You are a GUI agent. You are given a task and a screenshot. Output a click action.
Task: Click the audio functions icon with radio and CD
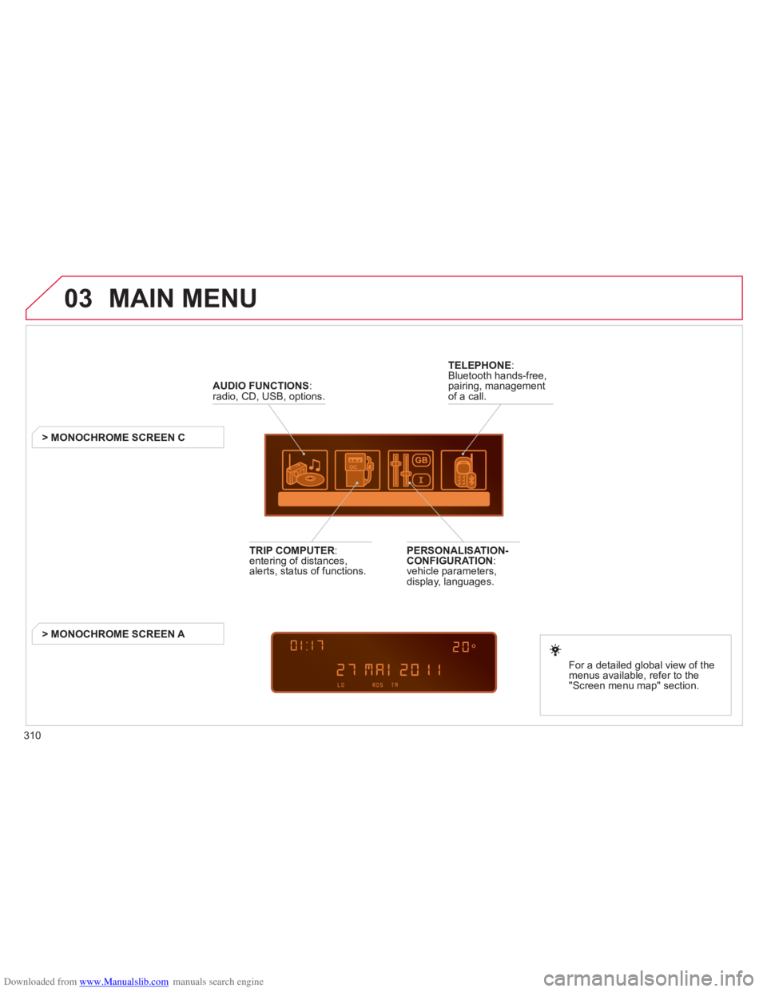point(304,470)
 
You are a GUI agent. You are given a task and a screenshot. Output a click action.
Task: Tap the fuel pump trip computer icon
point(357,470)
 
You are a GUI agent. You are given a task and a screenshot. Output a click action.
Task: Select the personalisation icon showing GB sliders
point(411,470)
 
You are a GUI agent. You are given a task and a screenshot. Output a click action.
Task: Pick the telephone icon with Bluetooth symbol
point(463,470)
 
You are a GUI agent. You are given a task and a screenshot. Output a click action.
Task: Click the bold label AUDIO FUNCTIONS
point(260,386)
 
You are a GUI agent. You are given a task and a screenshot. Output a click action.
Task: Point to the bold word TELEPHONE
point(479,365)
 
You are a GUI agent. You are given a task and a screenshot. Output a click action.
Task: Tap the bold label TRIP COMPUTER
point(292,550)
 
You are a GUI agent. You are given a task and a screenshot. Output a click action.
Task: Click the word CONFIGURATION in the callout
point(450,561)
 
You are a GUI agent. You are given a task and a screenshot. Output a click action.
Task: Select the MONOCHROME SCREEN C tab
point(128,438)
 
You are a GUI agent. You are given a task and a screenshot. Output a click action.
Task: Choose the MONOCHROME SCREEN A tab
point(128,633)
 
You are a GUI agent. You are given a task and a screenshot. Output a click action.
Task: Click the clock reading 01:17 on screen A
point(307,645)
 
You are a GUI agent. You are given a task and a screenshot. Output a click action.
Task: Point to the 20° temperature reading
point(464,646)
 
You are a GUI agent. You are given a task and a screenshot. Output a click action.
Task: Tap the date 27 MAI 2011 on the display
point(389,669)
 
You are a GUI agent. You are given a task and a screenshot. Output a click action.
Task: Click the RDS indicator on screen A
point(378,684)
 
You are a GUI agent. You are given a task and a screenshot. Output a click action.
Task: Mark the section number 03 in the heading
point(78,299)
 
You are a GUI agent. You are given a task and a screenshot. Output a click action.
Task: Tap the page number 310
point(33,736)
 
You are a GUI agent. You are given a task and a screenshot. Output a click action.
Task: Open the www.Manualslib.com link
point(124,982)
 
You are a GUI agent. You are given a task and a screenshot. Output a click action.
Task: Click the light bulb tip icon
point(555,649)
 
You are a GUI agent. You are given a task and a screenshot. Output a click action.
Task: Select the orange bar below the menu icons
point(384,499)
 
